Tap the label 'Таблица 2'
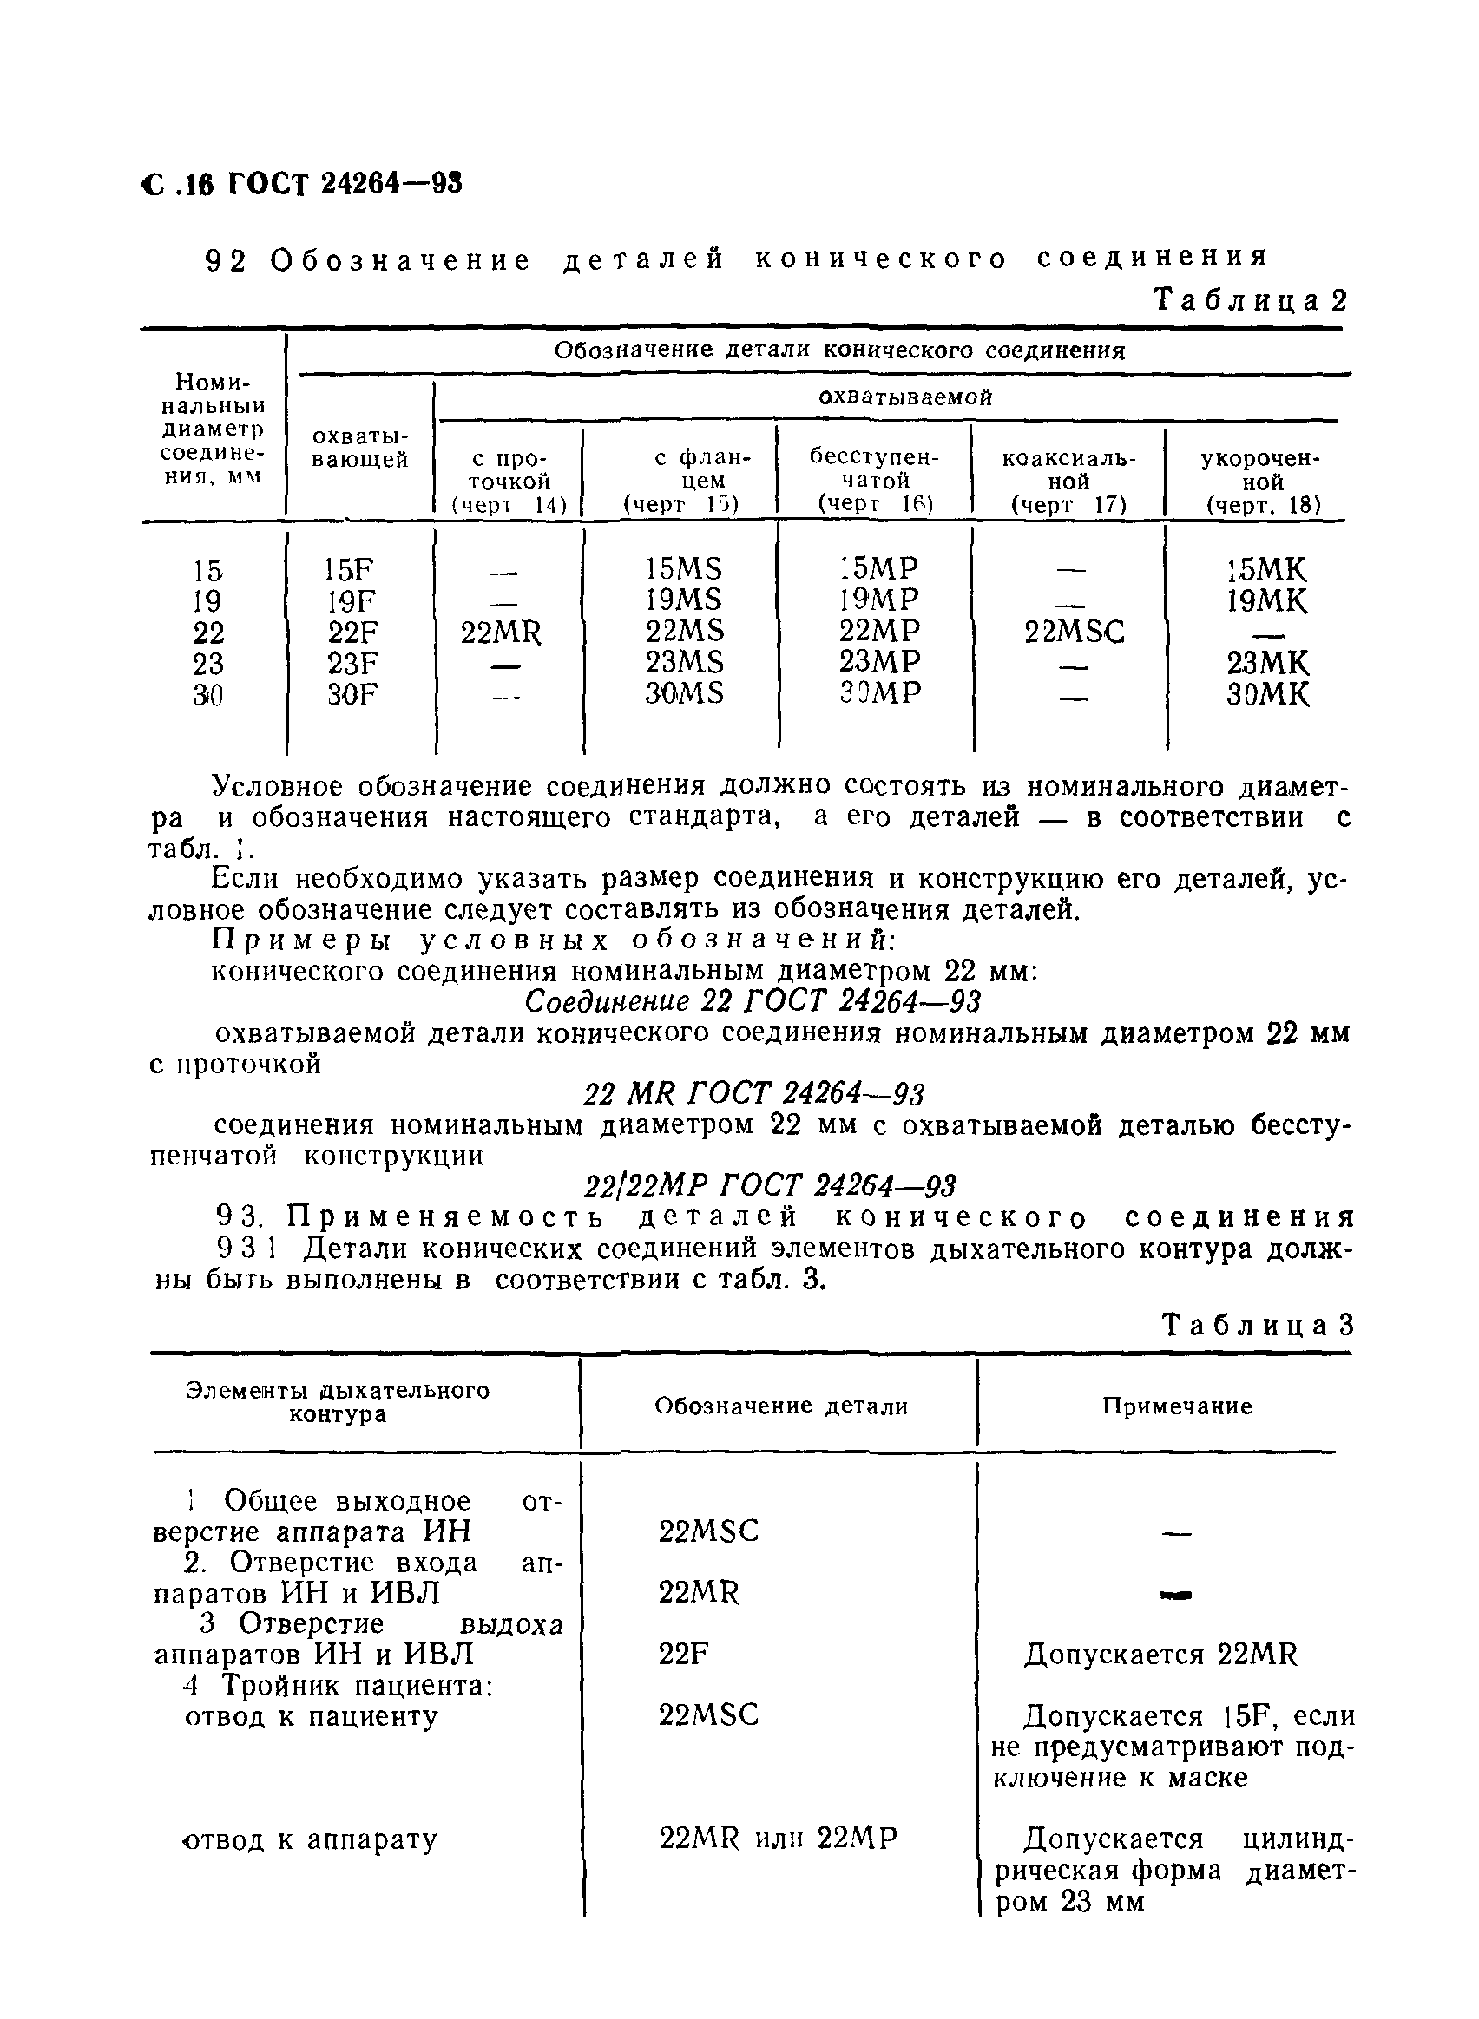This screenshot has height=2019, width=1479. coord(1250,300)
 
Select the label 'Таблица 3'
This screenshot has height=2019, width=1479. coord(1257,1325)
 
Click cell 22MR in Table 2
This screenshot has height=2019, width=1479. coord(502,633)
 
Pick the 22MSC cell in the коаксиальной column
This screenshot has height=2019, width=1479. coord(1074,633)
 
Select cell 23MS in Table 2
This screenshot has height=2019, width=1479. coord(685,662)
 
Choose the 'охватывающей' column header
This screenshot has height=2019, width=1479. coord(360,449)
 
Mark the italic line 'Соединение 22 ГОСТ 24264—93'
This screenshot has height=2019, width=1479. coord(752,1001)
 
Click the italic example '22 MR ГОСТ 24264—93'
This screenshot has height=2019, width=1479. coord(754,1093)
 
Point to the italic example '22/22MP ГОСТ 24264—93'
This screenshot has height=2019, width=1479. coord(770,1186)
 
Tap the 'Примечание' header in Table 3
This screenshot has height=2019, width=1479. coord(1176,1406)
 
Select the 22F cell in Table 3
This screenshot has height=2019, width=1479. coord(684,1654)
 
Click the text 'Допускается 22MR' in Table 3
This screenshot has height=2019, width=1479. coord(1160,1654)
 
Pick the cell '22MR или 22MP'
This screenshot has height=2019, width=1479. coord(777,1839)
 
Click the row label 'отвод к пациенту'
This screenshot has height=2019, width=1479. coord(311,1715)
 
